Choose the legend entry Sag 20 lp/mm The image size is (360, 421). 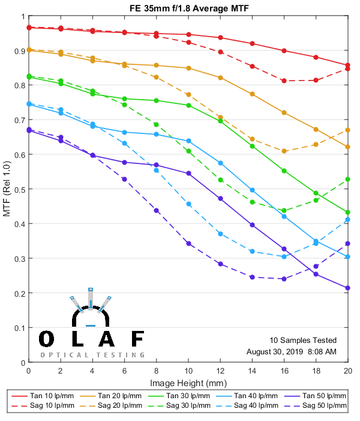tap(121, 407)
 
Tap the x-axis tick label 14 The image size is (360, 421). tap(252, 372)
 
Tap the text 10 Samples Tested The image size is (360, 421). tap(303, 340)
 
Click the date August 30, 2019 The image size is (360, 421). tap(274, 351)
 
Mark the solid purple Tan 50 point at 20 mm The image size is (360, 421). tap(348, 288)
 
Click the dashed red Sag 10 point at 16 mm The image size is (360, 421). tap(284, 80)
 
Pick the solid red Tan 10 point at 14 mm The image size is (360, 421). tap(252, 43)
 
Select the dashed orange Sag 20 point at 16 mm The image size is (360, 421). tap(284, 151)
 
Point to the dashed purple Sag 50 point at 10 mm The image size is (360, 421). tap(188, 243)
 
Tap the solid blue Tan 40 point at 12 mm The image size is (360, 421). tap(220, 163)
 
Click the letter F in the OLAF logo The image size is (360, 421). tap(137, 339)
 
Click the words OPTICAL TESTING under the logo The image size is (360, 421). tap(92, 355)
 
